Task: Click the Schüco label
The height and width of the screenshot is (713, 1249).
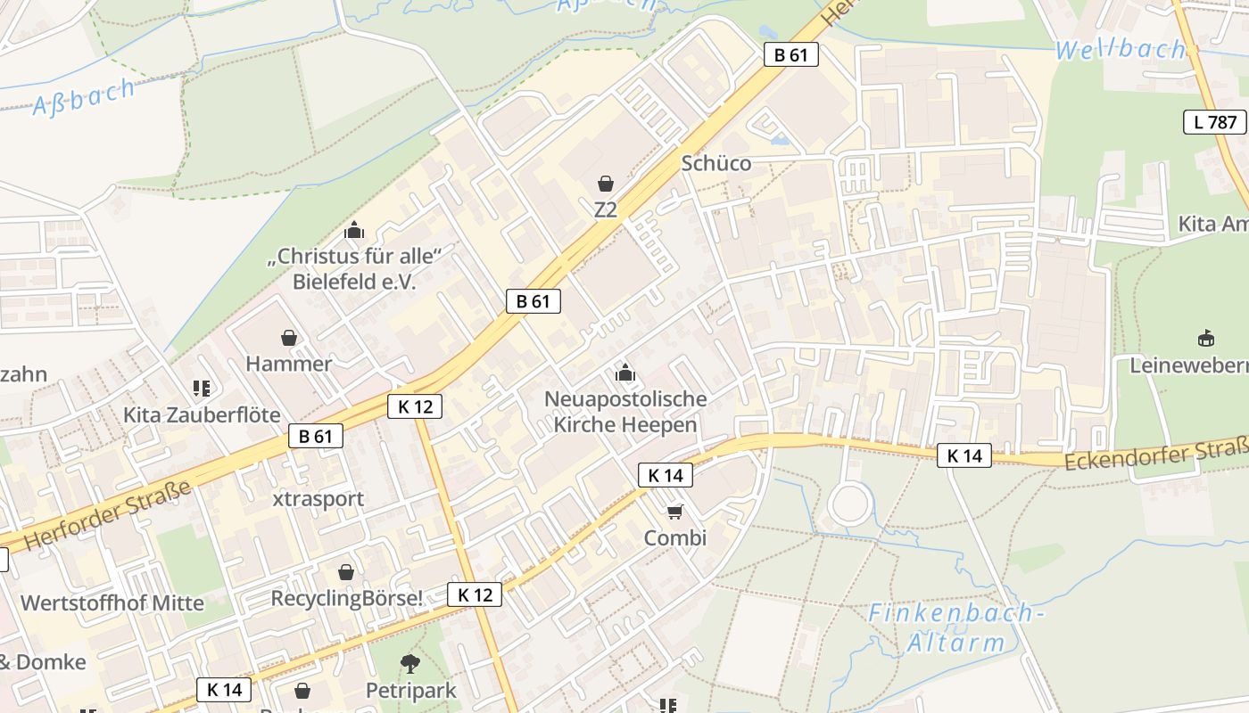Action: pos(715,163)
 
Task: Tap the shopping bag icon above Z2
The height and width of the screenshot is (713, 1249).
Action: pos(606,184)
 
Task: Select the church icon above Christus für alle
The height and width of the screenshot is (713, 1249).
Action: pos(355,230)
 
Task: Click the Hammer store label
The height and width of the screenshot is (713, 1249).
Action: pos(288,364)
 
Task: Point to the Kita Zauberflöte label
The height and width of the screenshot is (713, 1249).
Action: pos(202,415)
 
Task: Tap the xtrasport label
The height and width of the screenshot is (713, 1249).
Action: pos(318,498)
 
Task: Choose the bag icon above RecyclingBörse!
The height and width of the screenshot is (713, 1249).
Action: pos(346,572)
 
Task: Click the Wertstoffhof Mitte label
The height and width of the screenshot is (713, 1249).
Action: pos(112,602)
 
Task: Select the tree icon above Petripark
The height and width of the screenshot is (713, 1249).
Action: pos(410,663)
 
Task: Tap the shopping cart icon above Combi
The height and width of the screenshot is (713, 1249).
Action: pos(675,512)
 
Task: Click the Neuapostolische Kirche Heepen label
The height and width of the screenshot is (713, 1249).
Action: pos(624,412)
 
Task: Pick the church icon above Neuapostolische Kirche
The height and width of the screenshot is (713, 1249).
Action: pos(624,372)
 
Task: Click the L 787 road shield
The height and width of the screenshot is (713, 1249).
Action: pos(1215,122)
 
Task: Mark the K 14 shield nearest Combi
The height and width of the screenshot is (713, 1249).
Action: pos(666,475)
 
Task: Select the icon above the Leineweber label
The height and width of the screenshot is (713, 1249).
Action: pos(1206,338)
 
